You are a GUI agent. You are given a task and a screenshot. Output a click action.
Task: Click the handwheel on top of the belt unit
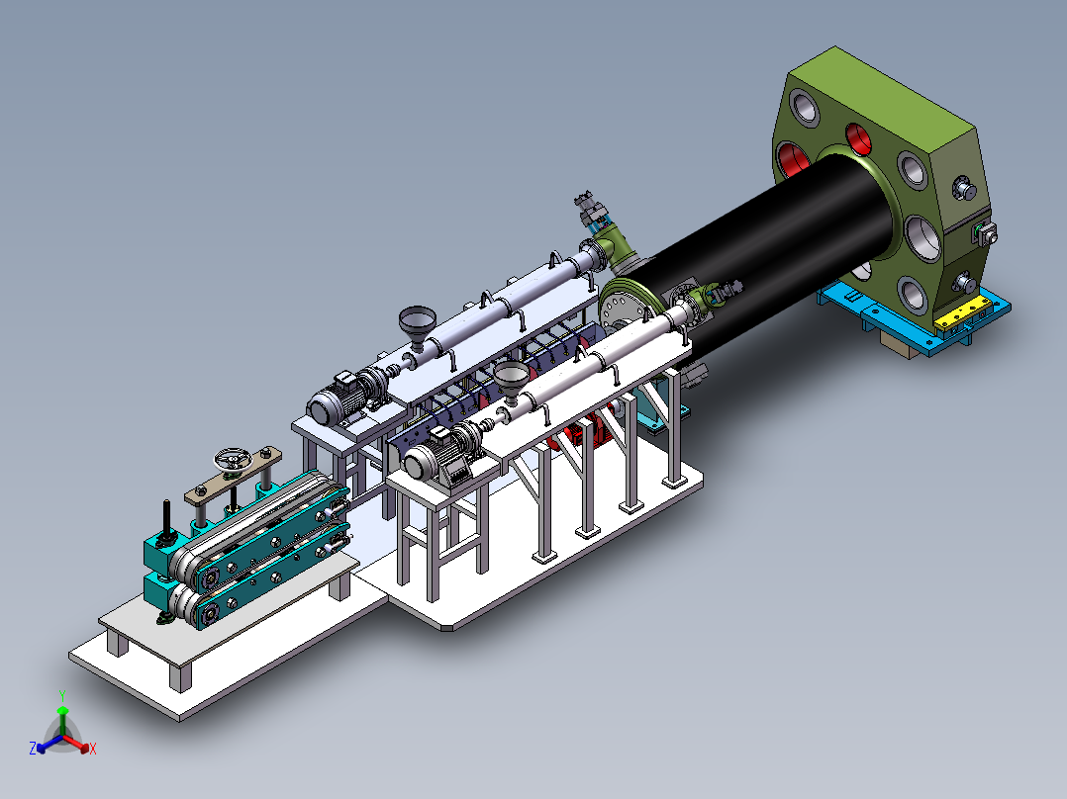(233, 461)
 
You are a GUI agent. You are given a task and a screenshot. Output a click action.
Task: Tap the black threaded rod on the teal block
(166, 519)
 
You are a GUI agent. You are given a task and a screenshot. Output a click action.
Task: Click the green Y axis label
(62, 695)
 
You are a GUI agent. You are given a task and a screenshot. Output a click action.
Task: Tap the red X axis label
(93, 749)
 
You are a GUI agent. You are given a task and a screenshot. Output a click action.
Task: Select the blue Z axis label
(33, 748)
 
